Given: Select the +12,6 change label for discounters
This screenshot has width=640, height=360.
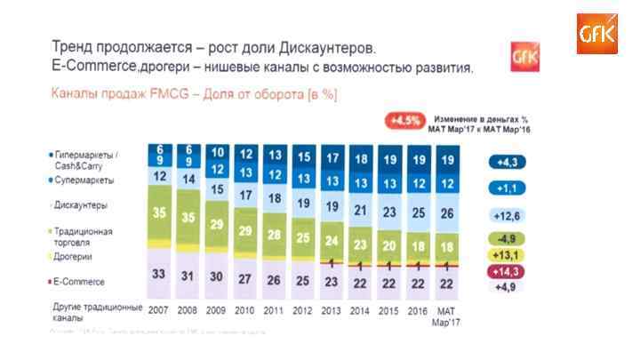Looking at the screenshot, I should [x=507, y=215].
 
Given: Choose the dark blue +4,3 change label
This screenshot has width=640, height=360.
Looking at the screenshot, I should [x=507, y=163].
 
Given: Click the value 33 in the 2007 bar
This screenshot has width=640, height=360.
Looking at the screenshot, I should [x=160, y=274].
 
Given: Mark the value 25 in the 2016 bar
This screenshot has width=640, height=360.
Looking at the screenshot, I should [x=420, y=212].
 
